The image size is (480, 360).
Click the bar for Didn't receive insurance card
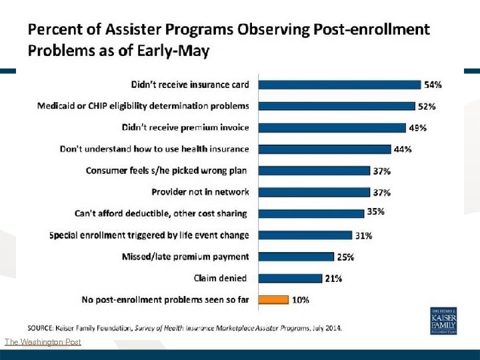click(x=339, y=85)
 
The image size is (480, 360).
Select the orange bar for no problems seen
click(x=273, y=299)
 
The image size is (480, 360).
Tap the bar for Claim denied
click(x=290, y=278)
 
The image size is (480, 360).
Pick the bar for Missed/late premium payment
click(x=296, y=257)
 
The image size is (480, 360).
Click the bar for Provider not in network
click(x=314, y=192)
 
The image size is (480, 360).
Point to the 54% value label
click(x=433, y=85)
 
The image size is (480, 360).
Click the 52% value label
click(x=427, y=106)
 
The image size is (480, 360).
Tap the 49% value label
click(x=419, y=127)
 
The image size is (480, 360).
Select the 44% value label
click(x=403, y=149)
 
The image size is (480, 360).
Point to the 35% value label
click(x=375, y=212)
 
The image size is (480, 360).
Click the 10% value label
click(x=301, y=300)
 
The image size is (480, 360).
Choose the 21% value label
click(x=333, y=279)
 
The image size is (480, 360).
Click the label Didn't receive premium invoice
click(x=185, y=127)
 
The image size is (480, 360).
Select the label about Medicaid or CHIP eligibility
click(x=143, y=106)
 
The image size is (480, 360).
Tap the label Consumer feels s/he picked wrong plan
click(x=167, y=171)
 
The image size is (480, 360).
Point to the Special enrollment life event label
click(x=149, y=235)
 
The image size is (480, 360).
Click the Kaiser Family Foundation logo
click(x=443, y=321)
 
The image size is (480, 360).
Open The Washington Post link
click(x=43, y=342)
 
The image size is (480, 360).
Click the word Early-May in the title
click(x=175, y=50)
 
